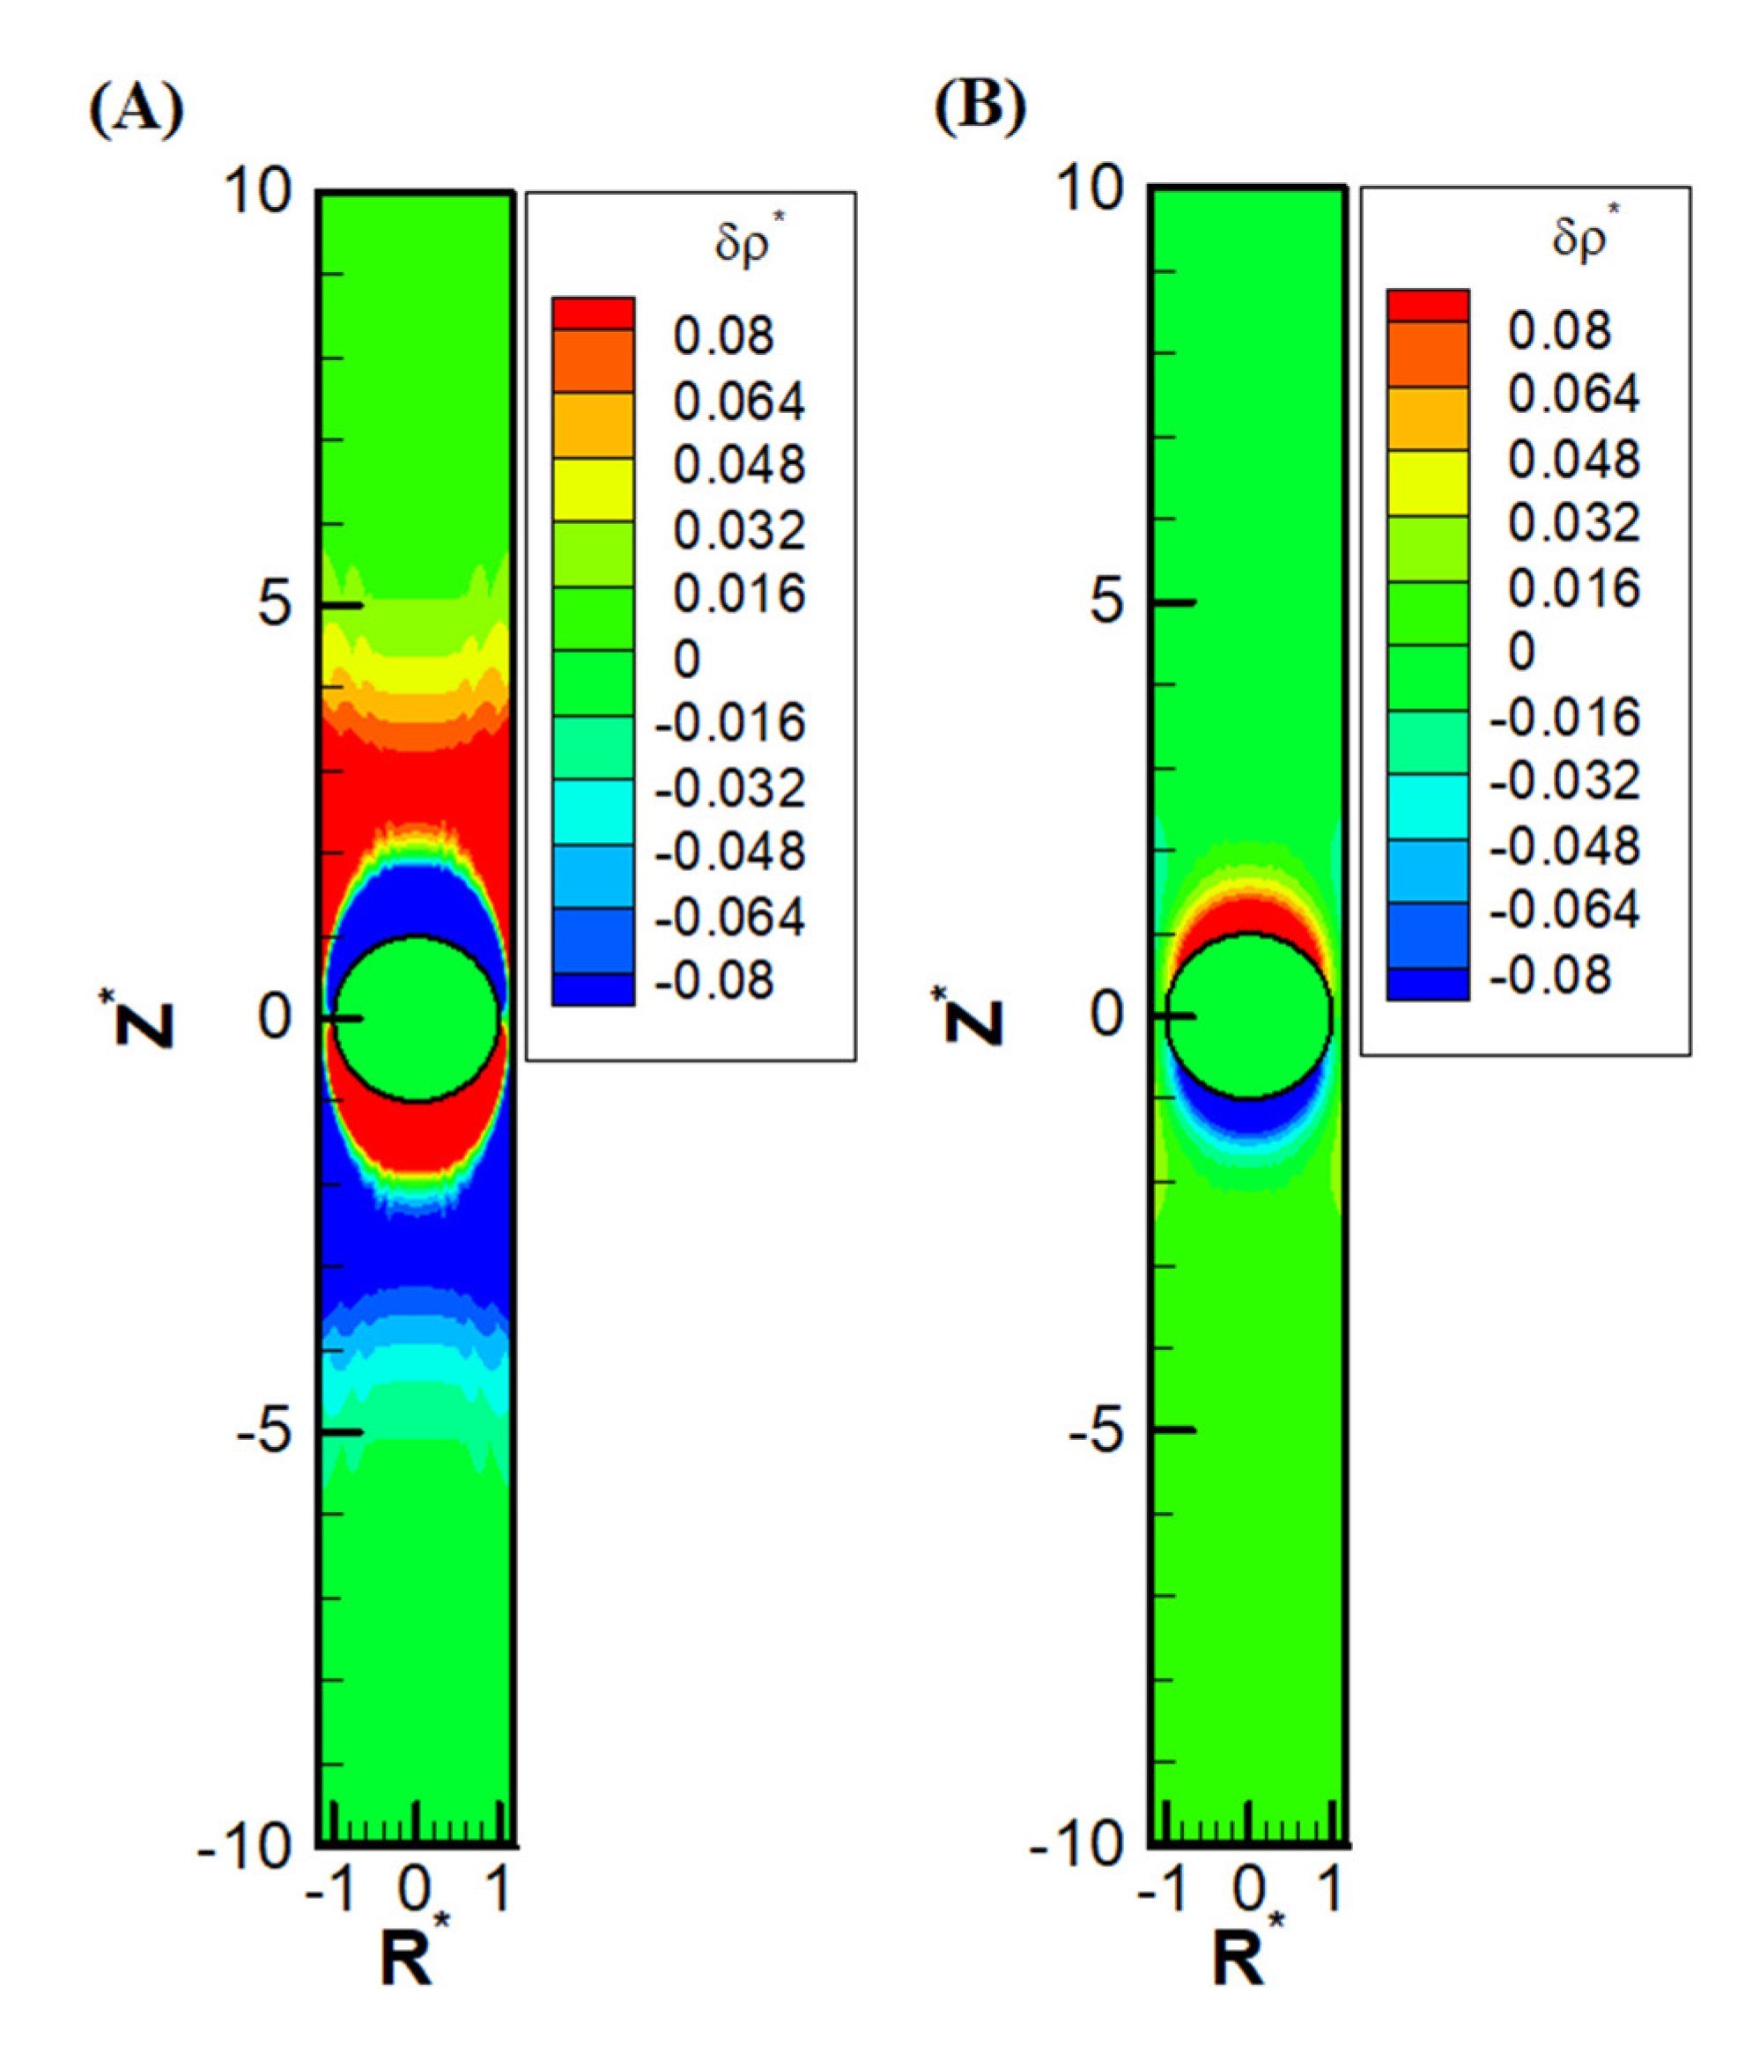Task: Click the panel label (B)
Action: tap(980, 105)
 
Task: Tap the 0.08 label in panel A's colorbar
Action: tap(722, 336)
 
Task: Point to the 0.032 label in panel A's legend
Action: tap(739, 530)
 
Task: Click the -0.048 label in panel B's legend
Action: tap(1564, 845)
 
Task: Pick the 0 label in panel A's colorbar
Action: tap(687, 658)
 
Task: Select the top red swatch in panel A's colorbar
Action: tap(592, 313)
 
